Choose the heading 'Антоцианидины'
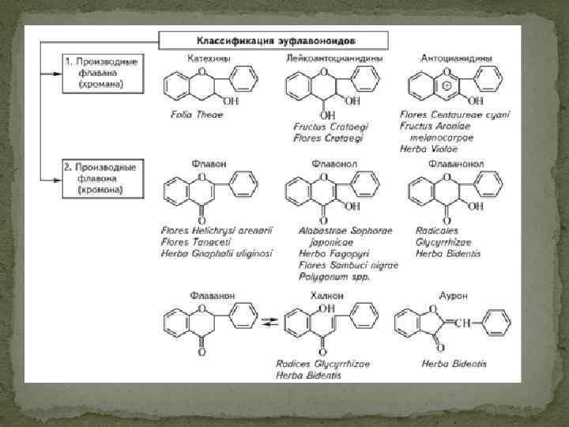pyautogui.click(x=457, y=58)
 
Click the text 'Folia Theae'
pyautogui.click(x=197, y=115)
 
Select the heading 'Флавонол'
pyautogui.click(x=322, y=164)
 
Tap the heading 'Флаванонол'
pyautogui.click(x=454, y=164)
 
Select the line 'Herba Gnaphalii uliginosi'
pyautogui.click(x=217, y=253)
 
